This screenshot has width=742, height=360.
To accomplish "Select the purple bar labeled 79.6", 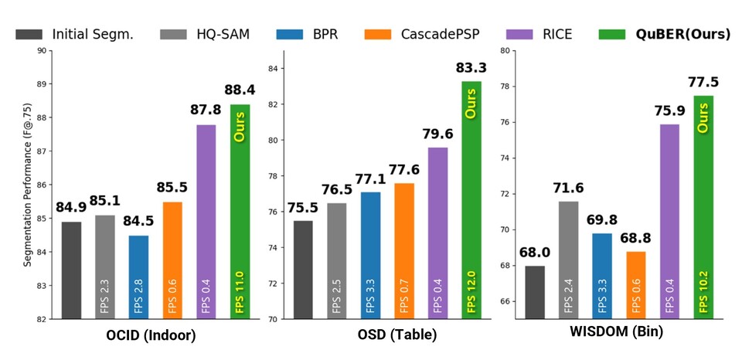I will (437, 232).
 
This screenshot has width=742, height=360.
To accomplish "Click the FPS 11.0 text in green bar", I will (240, 290).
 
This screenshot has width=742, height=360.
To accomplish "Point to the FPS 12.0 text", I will (471, 290).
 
